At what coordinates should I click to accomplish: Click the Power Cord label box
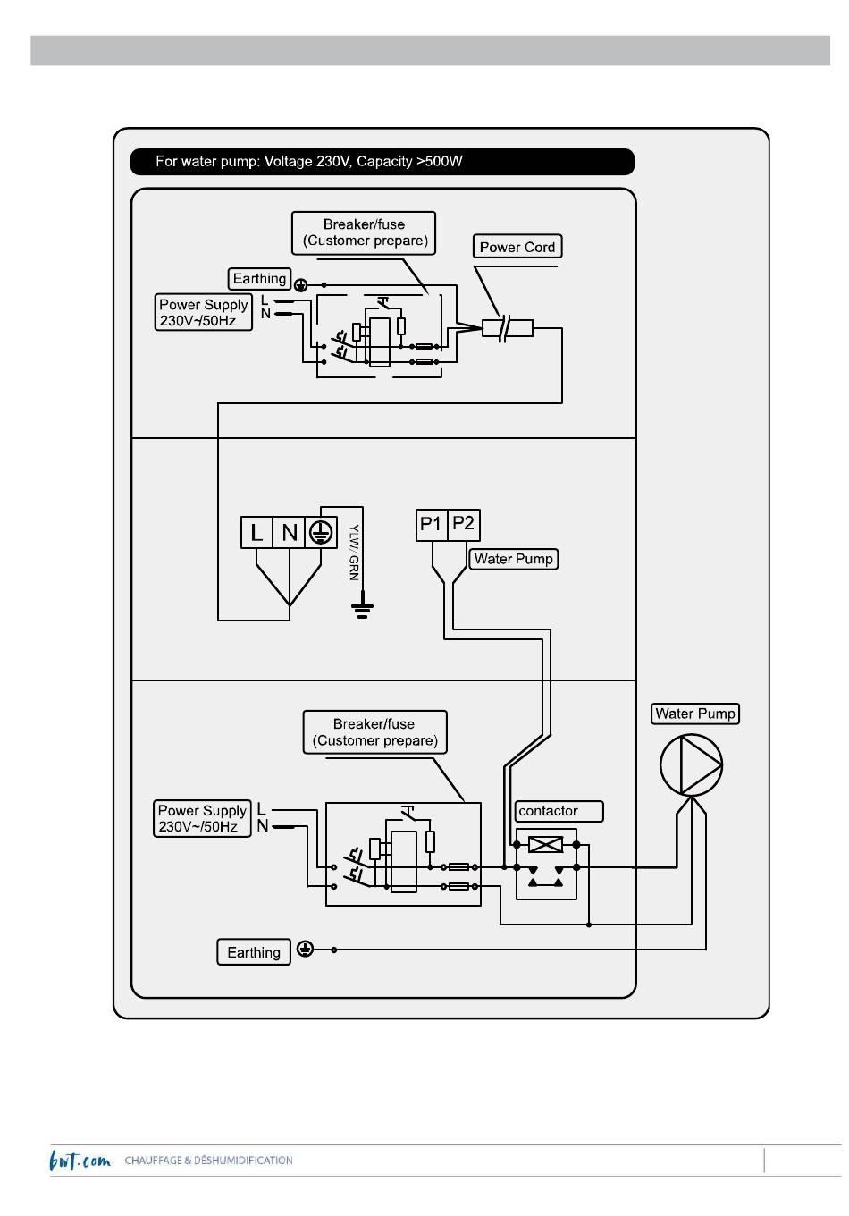click(517, 247)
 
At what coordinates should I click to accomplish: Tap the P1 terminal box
click(432, 525)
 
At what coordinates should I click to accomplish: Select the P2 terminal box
click(463, 525)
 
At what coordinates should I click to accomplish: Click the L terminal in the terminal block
click(256, 532)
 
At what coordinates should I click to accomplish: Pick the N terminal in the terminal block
click(290, 532)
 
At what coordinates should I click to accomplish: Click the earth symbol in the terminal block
click(321, 532)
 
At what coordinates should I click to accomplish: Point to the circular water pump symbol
click(691, 764)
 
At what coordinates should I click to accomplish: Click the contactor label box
click(559, 811)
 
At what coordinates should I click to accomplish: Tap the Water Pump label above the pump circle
click(694, 714)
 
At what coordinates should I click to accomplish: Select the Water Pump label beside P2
click(513, 559)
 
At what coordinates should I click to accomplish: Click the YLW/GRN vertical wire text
click(354, 552)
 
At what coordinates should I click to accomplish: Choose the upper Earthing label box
click(259, 278)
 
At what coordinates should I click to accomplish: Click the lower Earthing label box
click(253, 952)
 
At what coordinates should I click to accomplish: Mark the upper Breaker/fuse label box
click(364, 232)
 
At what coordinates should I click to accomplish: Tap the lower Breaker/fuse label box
click(374, 731)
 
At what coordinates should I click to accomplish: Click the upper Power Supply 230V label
click(204, 312)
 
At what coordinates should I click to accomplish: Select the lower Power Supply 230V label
click(202, 819)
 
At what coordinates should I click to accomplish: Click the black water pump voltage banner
click(382, 162)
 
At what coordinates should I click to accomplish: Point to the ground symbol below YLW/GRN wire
click(362, 610)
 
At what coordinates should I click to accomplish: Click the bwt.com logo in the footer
click(80, 1160)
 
